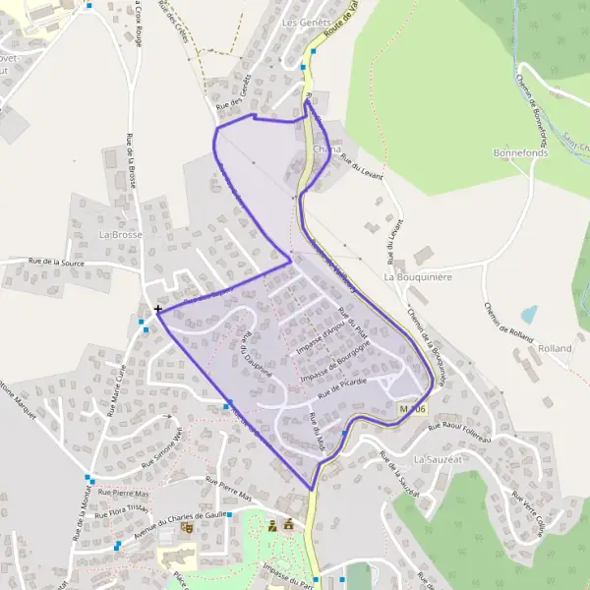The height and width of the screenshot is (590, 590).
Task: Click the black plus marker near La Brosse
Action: pyautogui.click(x=158, y=309)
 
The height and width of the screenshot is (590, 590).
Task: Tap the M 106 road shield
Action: pyautogui.click(x=414, y=408)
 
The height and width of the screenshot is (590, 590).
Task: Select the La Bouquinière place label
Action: pyautogui.click(x=418, y=277)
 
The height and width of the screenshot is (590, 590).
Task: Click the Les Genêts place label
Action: pyautogui.click(x=303, y=21)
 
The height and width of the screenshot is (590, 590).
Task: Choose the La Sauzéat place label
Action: pyautogui.click(x=436, y=459)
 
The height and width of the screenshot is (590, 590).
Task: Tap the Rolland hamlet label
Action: pyautogui.click(x=556, y=348)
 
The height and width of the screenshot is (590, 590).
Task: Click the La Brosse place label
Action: pyautogui.click(x=121, y=235)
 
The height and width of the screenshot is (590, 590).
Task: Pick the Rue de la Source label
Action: pyautogui.click(x=56, y=263)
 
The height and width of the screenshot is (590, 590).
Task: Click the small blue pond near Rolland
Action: pyautogui.click(x=529, y=315)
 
